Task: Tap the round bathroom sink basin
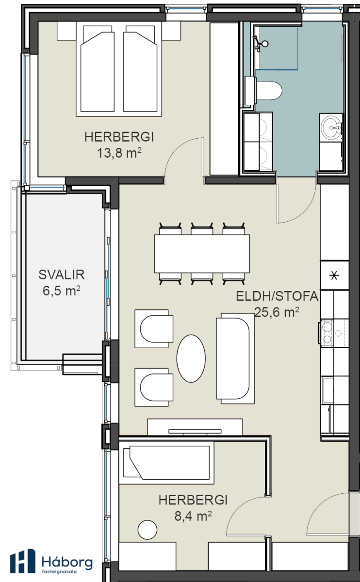click(331, 128)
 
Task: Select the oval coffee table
click(191, 358)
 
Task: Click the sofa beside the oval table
click(235, 358)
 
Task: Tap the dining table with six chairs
click(202, 254)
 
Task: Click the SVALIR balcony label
click(62, 275)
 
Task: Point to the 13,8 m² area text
click(119, 153)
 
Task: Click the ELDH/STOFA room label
click(277, 296)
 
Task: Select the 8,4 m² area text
click(193, 516)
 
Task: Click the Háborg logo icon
click(23, 562)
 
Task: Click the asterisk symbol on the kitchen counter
click(334, 275)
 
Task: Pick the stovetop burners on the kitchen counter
click(327, 333)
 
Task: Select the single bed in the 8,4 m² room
click(166, 463)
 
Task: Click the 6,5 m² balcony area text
click(62, 291)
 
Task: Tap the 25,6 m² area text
click(277, 312)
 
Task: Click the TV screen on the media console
click(195, 431)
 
